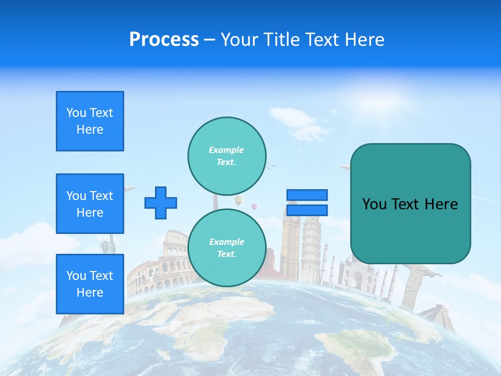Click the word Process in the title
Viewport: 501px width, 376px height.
[x=164, y=40]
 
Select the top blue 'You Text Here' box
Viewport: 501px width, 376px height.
[x=90, y=121]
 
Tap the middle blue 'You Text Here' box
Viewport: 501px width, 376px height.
[x=90, y=204]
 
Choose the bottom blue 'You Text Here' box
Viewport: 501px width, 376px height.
[x=90, y=284]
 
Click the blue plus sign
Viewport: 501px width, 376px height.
[x=161, y=203]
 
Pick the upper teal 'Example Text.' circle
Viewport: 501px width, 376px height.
[x=226, y=156]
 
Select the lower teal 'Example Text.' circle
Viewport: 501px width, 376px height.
[x=226, y=248]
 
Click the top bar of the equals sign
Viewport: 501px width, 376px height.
[x=307, y=195]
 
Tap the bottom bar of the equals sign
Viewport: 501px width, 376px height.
[x=307, y=210]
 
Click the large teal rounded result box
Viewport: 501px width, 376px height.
[x=410, y=204]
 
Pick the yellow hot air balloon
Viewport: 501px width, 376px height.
[x=238, y=201]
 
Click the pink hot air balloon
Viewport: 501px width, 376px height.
[x=254, y=207]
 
